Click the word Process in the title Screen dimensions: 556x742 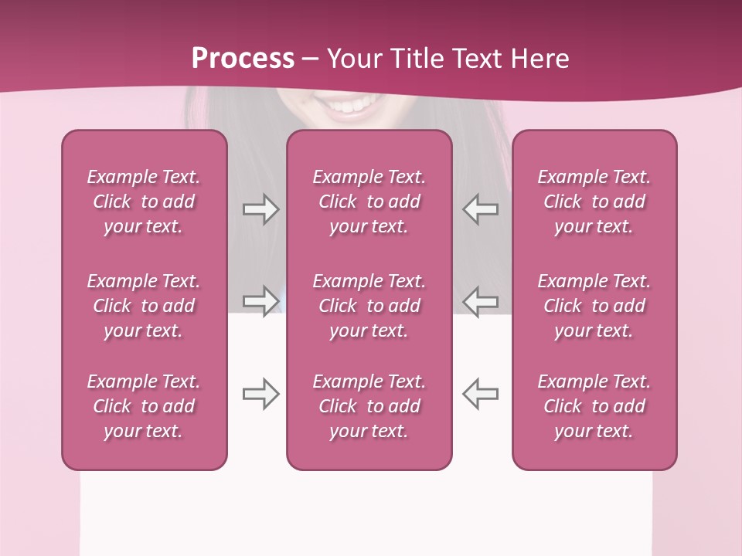click(x=243, y=58)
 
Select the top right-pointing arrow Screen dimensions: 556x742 click(x=260, y=208)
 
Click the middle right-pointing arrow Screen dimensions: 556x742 click(x=260, y=300)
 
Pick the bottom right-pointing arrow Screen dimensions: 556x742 click(x=260, y=394)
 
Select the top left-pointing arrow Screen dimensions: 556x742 click(x=480, y=208)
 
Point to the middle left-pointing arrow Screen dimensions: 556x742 click(x=480, y=300)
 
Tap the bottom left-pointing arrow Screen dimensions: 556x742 click(x=480, y=394)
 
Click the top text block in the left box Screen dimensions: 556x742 click(x=144, y=202)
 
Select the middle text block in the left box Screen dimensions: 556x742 click(x=144, y=306)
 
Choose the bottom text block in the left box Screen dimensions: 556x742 click(x=144, y=406)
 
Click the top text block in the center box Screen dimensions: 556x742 click(x=369, y=202)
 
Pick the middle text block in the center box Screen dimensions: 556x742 click(x=369, y=306)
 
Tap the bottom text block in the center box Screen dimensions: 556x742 click(x=369, y=406)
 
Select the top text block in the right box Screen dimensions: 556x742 click(x=594, y=202)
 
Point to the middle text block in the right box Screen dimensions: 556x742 click(x=594, y=306)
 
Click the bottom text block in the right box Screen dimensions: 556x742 click(x=594, y=406)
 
